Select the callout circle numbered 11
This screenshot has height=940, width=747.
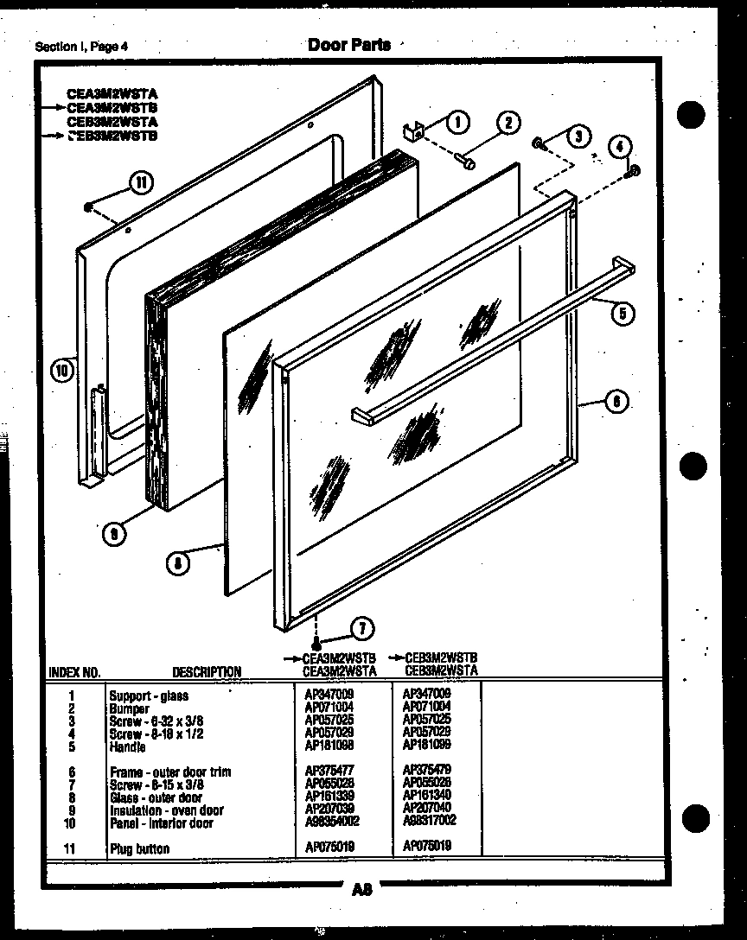139,182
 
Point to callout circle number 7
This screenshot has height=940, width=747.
362,629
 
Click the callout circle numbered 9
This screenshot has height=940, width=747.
115,534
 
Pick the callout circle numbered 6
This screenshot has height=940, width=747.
616,401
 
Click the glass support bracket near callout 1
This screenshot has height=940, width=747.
416,131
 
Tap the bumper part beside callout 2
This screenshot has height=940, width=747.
468,161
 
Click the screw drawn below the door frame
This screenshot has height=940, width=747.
318,644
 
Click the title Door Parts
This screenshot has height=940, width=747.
349,45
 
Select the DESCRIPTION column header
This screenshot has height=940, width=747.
207,671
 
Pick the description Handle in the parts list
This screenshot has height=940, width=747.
127,747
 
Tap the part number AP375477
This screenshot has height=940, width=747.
330,771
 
